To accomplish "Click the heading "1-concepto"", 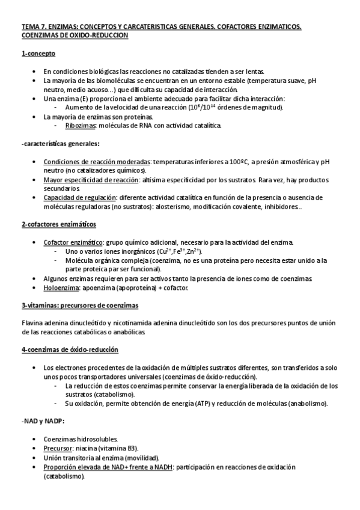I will coord(38,54).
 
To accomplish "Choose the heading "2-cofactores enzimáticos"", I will coord(58,224).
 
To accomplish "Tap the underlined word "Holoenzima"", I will coord(63,288).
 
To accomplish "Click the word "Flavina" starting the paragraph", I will coord(32,324).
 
